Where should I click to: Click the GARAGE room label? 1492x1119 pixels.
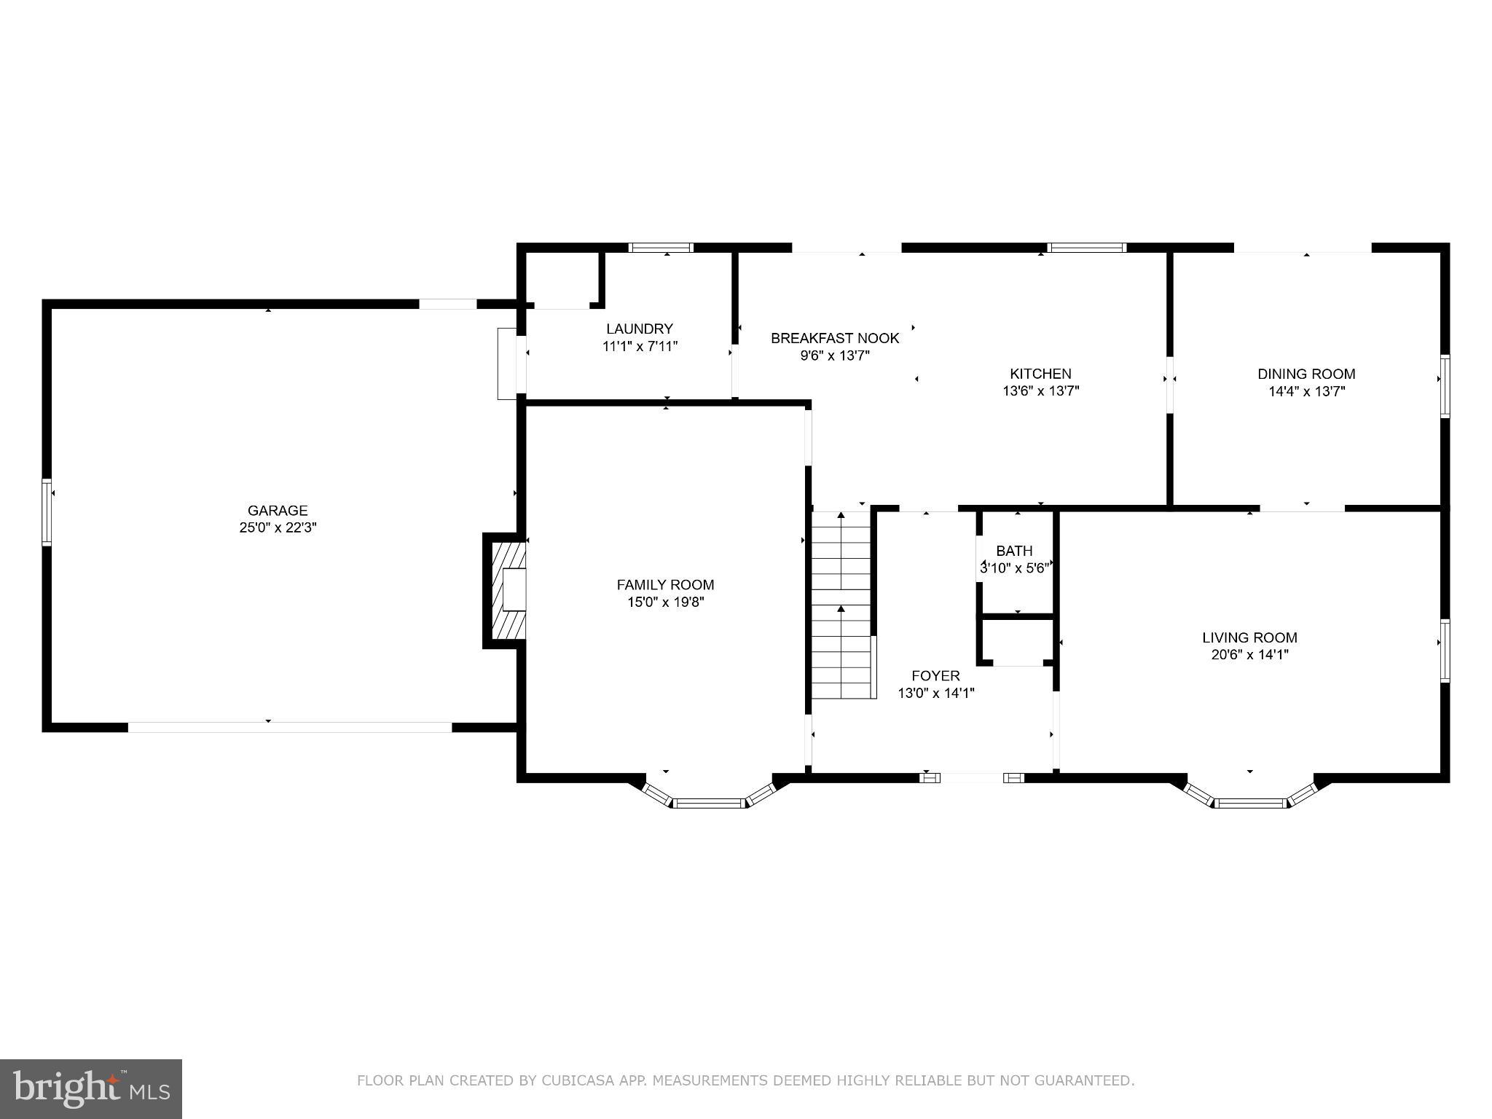[278, 511]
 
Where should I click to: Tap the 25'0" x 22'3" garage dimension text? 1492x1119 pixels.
[278, 527]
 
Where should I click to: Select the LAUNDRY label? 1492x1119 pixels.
[639, 329]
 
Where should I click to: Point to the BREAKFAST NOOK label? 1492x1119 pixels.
[835, 338]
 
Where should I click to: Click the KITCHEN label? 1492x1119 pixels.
[1040, 374]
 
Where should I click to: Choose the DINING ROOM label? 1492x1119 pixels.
[1305, 374]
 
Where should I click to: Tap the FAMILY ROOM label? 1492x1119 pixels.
[665, 584]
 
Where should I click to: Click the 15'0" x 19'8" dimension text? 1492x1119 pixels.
[665, 602]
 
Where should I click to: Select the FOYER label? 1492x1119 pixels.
[935, 675]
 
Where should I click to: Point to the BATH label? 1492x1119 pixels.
[1014, 551]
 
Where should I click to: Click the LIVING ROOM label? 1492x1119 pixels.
[1249, 637]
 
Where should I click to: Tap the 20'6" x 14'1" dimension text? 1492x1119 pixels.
[1249, 654]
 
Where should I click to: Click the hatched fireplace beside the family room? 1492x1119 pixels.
[507, 590]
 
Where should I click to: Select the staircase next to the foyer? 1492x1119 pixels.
[842, 605]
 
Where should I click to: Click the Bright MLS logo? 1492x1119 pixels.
[90, 1088]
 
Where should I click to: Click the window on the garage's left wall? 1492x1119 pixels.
[47, 511]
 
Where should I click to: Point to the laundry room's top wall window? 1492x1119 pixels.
[661, 248]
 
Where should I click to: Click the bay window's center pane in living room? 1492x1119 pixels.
[1250, 803]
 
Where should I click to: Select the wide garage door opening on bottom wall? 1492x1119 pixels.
[290, 726]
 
